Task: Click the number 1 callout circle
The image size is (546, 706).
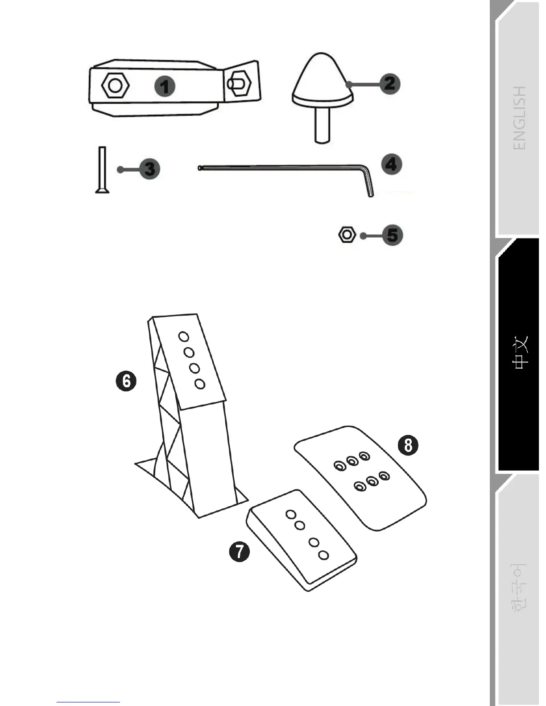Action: click(x=165, y=86)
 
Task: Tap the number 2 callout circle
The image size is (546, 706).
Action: click(x=389, y=83)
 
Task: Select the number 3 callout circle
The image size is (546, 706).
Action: click(x=149, y=169)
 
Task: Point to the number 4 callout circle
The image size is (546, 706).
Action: click(x=391, y=164)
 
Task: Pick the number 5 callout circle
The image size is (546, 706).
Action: click(x=392, y=235)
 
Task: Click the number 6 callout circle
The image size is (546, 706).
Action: click(x=126, y=382)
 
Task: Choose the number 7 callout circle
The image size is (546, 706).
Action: click(x=240, y=551)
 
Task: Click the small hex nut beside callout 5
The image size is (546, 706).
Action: click(x=347, y=234)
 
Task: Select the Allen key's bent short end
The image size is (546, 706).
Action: click(x=369, y=185)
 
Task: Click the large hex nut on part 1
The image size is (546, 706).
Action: click(x=116, y=85)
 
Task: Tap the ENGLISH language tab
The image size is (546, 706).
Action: click(x=520, y=118)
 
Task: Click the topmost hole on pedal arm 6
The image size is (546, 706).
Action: click(x=183, y=337)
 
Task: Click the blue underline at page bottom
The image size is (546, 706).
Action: click(x=88, y=702)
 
